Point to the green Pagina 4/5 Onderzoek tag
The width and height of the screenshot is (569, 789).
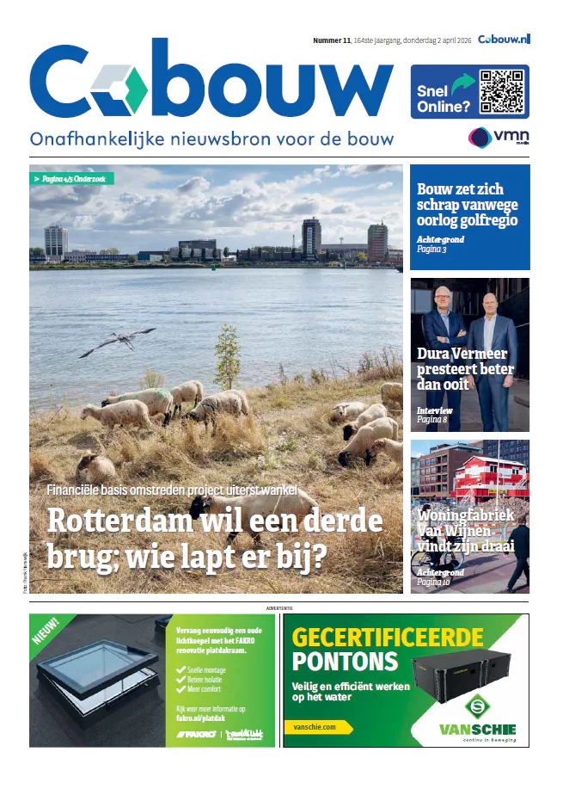coord(73,179)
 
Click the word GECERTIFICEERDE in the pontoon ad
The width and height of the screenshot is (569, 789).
coord(400,638)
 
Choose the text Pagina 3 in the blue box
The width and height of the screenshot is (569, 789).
coord(433,249)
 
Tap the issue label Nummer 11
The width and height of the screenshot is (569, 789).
coord(331,40)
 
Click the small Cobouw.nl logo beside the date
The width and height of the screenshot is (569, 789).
coord(505,40)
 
